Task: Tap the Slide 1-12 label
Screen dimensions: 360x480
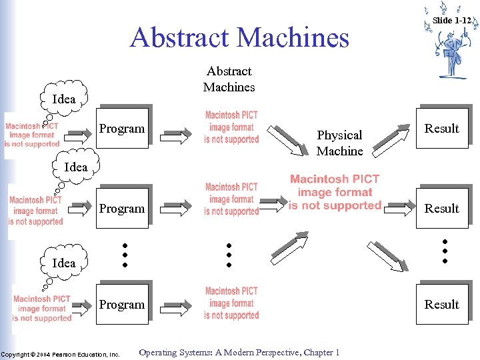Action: click(x=452, y=21)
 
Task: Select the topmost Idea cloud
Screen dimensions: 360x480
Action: click(x=64, y=99)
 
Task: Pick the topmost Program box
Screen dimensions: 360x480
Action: click(x=121, y=127)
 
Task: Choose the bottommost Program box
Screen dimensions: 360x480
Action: click(x=121, y=304)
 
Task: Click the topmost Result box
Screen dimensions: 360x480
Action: click(x=442, y=127)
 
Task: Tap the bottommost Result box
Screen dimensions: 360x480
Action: click(x=442, y=304)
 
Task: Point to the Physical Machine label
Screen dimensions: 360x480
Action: click(x=339, y=143)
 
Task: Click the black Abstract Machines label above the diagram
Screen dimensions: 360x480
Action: click(x=229, y=79)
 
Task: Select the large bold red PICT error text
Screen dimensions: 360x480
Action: click(x=335, y=193)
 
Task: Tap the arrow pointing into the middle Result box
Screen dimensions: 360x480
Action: click(x=399, y=208)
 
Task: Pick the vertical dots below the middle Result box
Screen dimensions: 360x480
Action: click(x=445, y=250)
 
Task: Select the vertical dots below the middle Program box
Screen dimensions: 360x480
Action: click(x=124, y=255)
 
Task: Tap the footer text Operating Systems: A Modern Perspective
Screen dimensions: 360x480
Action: click(x=239, y=353)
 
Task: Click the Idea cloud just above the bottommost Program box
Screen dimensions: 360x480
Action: click(x=64, y=263)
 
